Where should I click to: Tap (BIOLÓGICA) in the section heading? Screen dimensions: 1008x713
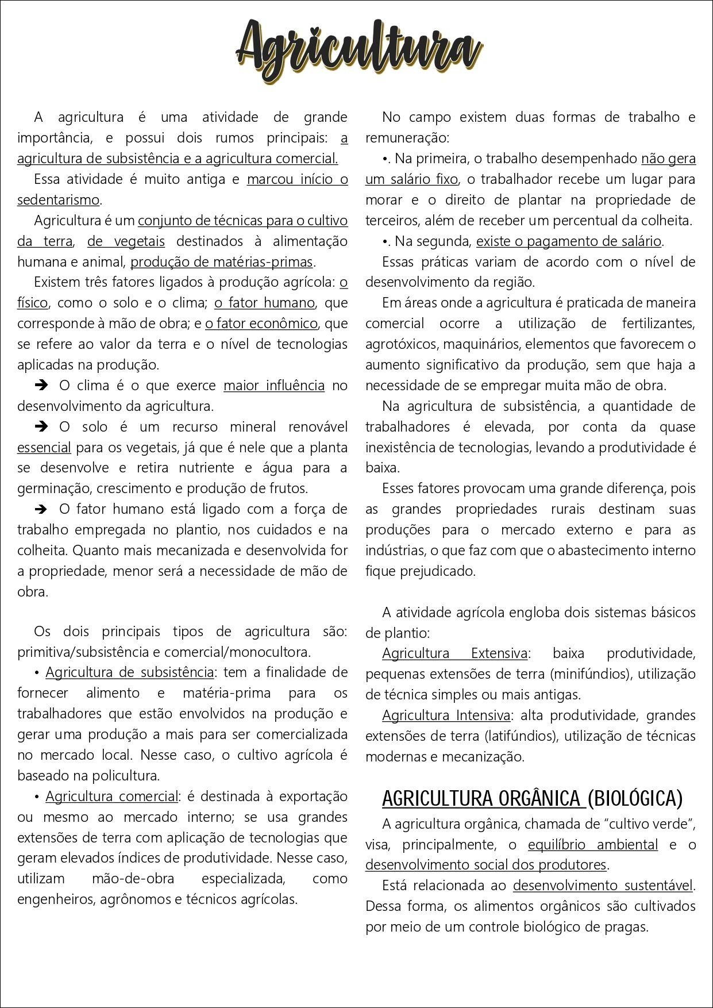coord(635,799)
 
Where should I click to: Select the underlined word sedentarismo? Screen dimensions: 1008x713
coord(59,200)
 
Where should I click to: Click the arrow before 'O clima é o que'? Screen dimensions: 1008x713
coord(41,386)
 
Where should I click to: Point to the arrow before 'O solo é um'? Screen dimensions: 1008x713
coord(41,427)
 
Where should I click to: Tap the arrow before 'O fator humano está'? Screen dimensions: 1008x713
coord(41,509)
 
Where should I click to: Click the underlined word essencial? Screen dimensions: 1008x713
coord(44,448)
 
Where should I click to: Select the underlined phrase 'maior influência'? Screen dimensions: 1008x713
coord(274,386)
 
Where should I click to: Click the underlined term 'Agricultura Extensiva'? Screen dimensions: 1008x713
coord(454,653)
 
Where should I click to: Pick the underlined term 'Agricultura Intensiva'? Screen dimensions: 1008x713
coord(446,715)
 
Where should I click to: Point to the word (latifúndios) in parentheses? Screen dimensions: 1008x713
coord(521,736)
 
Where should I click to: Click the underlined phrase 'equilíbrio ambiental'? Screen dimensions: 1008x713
coord(592,845)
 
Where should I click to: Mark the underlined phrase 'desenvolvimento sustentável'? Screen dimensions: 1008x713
coord(603,886)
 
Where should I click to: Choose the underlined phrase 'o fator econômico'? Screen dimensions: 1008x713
coord(261,324)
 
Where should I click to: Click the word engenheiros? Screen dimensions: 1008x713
coord(56,899)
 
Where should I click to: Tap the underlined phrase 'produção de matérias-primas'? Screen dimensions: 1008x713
coord(222,262)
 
